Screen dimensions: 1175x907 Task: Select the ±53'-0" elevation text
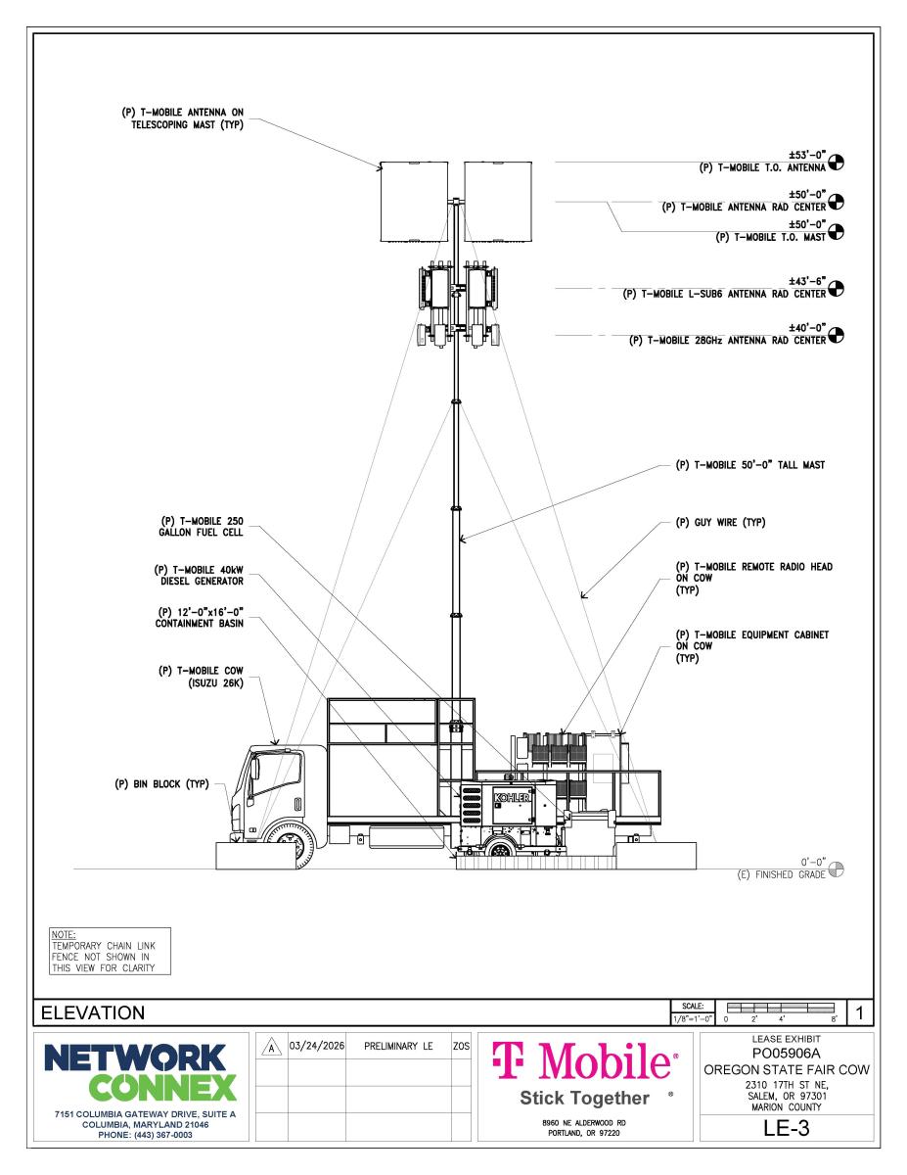click(x=809, y=154)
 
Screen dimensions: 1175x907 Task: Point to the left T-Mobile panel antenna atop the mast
click(x=414, y=202)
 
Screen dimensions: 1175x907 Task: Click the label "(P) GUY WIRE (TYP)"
click(x=719, y=522)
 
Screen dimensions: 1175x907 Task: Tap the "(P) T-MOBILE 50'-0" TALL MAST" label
click(x=749, y=466)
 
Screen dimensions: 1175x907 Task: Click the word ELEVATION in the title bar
click(x=91, y=1011)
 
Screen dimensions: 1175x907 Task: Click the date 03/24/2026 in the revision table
click(x=315, y=1046)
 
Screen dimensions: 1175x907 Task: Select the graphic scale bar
click(x=780, y=1006)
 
